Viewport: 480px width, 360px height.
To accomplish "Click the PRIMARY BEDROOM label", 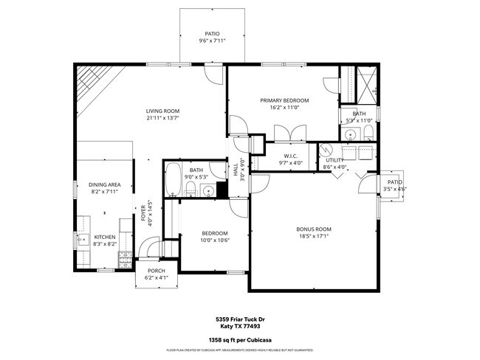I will pyautogui.click(x=284, y=100).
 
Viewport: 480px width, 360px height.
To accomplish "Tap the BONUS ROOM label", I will pyautogui.click(x=314, y=229).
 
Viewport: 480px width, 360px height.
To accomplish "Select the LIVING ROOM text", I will pyautogui.click(x=162, y=111).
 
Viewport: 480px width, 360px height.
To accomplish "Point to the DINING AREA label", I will pyautogui.click(x=104, y=184).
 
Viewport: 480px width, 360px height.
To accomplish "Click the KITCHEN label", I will pyautogui.click(x=105, y=237).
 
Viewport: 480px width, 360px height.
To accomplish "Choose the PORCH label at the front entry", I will pyautogui.click(x=157, y=271).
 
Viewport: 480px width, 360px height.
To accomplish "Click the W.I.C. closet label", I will pyautogui.click(x=290, y=156).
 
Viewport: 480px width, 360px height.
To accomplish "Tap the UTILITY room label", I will pyautogui.click(x=335, y=159).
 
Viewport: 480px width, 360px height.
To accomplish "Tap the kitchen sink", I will pyautogui.click(x=80, y=238).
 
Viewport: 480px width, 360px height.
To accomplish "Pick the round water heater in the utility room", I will pyautogui.click(x=327, y=148).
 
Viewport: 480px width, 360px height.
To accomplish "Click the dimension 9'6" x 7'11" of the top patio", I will pyautogui.click(x=211, y=41).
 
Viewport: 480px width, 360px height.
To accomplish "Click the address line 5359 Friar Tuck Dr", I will pyautogui.click(x=240, y=319).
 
